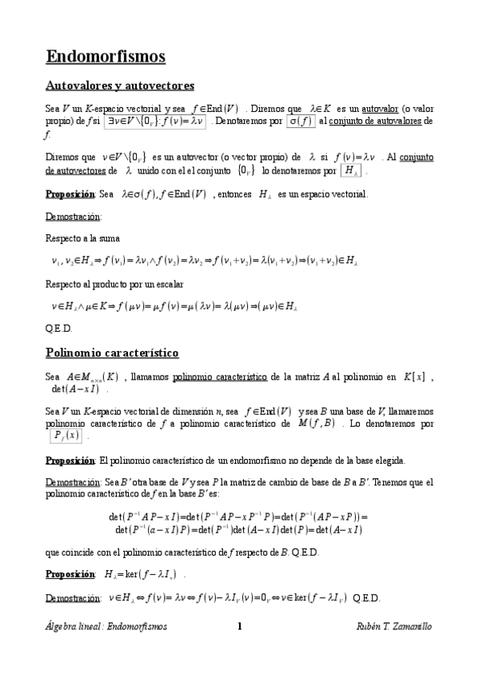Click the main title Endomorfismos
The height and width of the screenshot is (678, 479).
(106, 57)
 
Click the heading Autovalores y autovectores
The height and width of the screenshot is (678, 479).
(120, 86)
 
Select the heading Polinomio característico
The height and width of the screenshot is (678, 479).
(112, 352)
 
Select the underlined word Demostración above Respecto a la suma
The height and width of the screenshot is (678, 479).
(73, 217)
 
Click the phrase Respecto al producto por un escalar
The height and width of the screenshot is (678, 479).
(115, 284)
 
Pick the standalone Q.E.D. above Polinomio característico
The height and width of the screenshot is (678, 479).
(59, 328)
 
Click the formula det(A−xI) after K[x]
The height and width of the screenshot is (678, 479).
(74, 390)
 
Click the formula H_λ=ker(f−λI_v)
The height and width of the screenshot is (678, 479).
(145, 574)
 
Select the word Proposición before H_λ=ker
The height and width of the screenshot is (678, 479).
(70, 574)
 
